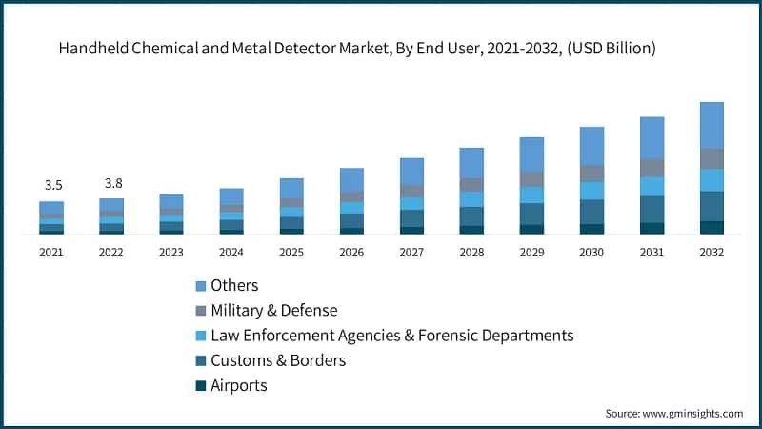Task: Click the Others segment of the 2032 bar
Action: coord(712,125)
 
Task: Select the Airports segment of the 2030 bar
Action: coord(592,229)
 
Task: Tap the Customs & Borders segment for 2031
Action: coord(652,209)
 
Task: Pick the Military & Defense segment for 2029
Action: coord(531,179)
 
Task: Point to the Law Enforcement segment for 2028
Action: coord(471,199)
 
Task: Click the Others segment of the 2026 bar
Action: coord(351,180)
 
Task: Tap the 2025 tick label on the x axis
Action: coord(291,253)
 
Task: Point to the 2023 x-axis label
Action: coord(171,253)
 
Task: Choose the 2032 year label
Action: coord(712,253)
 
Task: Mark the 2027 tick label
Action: coord(411,253)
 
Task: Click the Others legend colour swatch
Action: coord(201,286)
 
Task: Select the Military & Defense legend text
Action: coord(274,311)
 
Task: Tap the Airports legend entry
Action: coord(239,385)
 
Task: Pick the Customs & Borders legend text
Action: coord(278,360)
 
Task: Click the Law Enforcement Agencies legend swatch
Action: coord(201,336)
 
